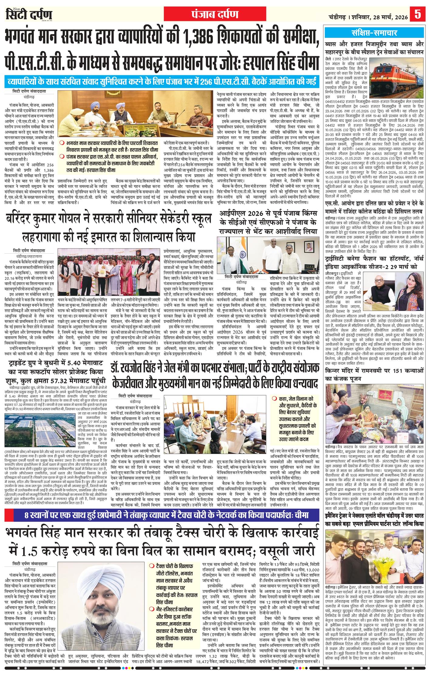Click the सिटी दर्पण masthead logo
pyautogui.click(x=29, y=15)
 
